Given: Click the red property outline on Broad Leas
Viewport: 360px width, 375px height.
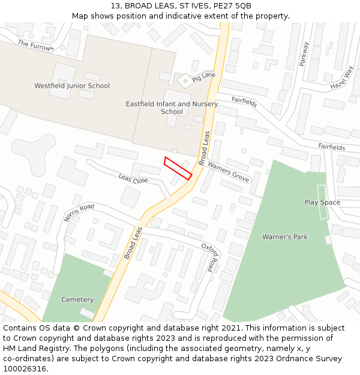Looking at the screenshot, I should [x=178, y=167].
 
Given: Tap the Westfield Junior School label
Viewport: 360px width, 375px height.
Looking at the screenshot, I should [x=72, y=86].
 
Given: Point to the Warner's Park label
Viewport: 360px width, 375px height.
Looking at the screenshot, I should [x=284, y=237].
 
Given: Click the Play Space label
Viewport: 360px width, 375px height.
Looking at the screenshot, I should [x=322, y=202].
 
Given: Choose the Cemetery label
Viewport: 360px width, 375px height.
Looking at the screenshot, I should [x=77, y=299].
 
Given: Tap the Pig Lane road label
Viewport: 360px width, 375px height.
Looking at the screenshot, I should [x=203, y=76].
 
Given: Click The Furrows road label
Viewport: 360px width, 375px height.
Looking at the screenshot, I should [x=35, y=45].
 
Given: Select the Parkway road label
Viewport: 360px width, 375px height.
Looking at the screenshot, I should [x=304, y=55].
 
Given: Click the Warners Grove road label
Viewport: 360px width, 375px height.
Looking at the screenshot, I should [x=228, y=170].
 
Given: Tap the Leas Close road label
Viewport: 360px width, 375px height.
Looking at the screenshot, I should [x=133, y=179].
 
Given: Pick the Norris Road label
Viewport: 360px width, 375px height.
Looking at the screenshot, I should [x=79, y=212].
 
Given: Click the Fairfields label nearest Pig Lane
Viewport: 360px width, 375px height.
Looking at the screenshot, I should [x=244, y=102].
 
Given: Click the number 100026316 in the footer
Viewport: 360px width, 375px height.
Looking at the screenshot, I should [x=25, y=369].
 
